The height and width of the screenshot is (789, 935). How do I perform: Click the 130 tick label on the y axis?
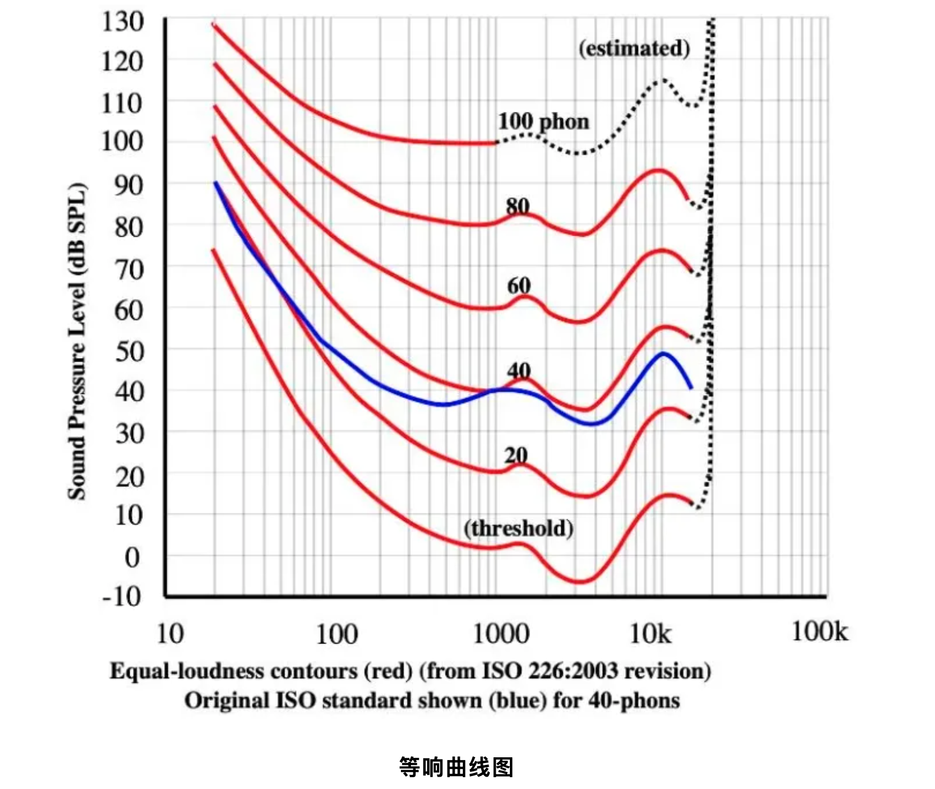122,22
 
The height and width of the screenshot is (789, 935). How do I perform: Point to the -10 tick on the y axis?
122,596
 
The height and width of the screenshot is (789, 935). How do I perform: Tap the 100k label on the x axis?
820,632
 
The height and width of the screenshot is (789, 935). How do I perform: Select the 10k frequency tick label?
650,634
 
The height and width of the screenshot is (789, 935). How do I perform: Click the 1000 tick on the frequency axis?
501,634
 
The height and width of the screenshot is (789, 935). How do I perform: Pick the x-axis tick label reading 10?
170,634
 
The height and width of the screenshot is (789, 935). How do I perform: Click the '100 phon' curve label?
543,122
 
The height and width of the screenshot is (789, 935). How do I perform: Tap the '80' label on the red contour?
518,206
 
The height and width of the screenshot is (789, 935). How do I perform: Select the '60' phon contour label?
519,286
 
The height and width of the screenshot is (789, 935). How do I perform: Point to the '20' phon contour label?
516,455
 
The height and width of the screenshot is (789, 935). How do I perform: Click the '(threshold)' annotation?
518,528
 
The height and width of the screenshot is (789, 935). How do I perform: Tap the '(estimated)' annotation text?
634,48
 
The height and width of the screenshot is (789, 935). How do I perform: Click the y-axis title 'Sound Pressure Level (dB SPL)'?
77,342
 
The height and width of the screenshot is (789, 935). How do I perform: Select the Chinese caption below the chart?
456,767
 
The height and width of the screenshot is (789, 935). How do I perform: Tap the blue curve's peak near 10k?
664,353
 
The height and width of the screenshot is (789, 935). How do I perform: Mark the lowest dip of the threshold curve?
580,582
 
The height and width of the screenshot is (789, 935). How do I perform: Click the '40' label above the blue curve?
519,371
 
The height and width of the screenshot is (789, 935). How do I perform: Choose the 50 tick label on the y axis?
129,352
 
